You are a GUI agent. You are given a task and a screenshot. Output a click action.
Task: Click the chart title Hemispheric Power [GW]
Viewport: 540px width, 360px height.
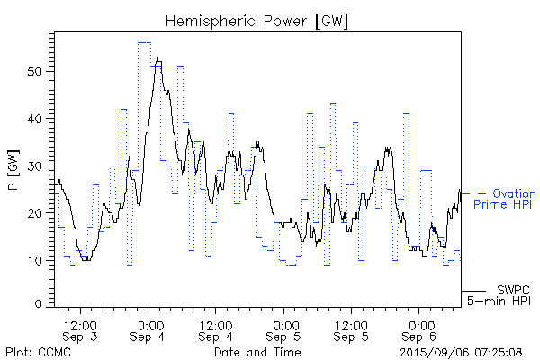tap(257, 20)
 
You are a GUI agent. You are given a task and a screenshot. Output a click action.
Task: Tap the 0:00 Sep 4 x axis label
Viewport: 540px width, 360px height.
tap(149, 329)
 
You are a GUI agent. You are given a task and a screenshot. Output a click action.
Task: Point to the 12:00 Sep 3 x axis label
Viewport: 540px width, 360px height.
tap(80, 329)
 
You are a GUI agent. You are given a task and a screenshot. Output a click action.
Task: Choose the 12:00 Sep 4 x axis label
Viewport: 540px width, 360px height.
tap(217, 329)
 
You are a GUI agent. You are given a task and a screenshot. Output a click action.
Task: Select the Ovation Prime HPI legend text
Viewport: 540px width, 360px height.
tap(505, 200)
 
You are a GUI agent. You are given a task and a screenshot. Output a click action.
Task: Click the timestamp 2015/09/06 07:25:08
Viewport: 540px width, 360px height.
tap(460, 351)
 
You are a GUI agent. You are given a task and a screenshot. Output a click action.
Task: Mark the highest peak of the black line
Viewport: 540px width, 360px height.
tap(158, 58)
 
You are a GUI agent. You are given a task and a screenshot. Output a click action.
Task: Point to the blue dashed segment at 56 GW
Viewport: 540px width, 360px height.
tap(144, 42)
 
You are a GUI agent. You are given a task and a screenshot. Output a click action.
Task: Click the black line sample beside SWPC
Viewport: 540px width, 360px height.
tap(472, 291)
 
